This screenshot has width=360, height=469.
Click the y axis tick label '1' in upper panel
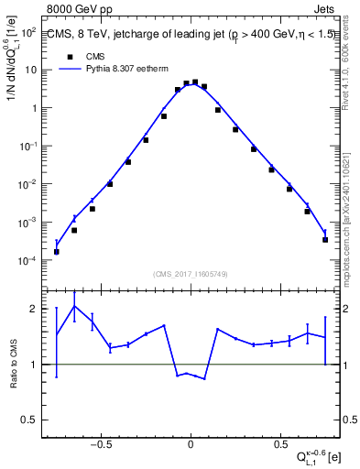click(x=33, y=108)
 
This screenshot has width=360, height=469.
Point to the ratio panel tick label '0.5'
click(x=28, y=420)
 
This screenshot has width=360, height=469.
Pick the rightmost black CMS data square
click(x=325, y=240)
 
